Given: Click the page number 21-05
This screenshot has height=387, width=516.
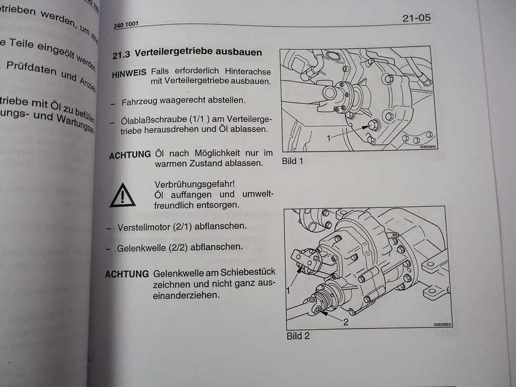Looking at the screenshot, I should click(x=416, y=18).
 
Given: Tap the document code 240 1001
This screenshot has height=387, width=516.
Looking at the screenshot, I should click(x=126, y=24).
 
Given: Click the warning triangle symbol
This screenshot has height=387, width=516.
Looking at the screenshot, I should click(x=122, y=195).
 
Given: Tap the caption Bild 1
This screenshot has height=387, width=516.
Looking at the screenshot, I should click(x=293, y=162).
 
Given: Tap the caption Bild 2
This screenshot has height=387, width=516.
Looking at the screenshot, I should click(x=298, y=336).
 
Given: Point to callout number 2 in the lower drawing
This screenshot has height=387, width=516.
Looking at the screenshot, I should click(x=346, y=322).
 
